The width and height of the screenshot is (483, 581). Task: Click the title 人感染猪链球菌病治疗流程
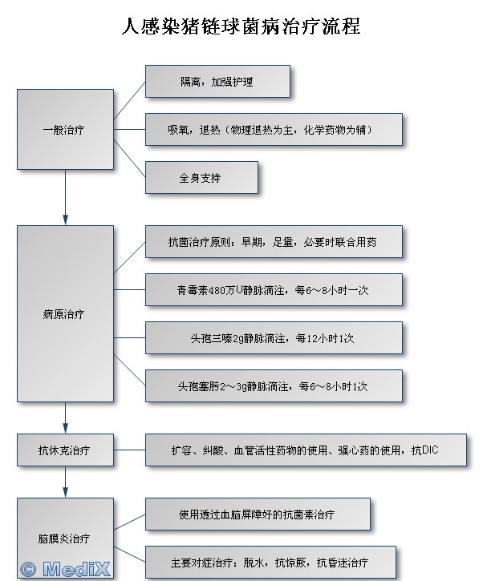(241, 27)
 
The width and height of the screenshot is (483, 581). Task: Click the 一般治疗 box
(65, 129)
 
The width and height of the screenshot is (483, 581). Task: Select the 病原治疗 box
(65, 313)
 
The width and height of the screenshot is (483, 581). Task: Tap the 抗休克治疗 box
(65, 450)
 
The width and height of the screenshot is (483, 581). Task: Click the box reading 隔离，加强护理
(217, 82)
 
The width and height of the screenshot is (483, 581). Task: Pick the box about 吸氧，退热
(274, 129)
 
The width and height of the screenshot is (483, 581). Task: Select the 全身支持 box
(201, 177)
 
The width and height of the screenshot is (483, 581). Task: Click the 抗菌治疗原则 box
(274, 241)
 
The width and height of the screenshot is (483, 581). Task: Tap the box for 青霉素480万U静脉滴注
(274, 289)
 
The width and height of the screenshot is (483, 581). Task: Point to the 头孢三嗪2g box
(274, 337)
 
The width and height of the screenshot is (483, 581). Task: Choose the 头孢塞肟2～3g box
(274, 385)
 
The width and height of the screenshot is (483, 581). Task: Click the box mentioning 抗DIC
(306, 450)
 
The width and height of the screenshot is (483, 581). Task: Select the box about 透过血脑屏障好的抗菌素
(258, 514)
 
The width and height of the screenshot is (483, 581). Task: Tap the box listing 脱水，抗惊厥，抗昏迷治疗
(274, 562)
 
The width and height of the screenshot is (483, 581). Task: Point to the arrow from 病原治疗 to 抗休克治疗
(65, 418)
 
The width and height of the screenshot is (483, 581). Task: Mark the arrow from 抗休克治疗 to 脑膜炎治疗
(65, 481)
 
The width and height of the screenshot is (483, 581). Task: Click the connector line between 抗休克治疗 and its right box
(129, 450)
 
